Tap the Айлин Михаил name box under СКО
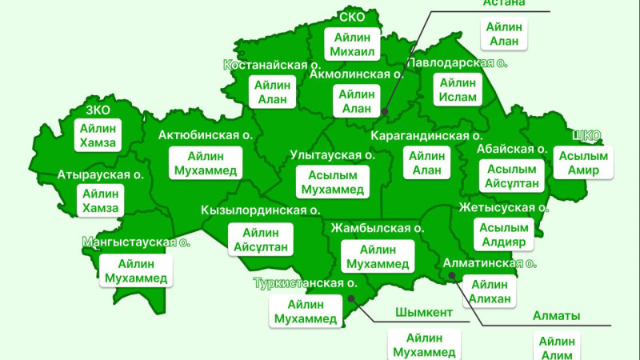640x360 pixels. point(353,42)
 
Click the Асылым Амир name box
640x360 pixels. point(582,162)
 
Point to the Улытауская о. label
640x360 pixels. point(332,155)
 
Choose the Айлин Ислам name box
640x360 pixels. point(458,90)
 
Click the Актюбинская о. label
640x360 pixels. point(206,134)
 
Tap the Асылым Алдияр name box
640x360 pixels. point(504,234)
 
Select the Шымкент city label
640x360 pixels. point(424,312)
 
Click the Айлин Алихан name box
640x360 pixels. point(490,291)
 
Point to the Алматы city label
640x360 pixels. point(556,315)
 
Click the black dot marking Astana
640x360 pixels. point(385,112)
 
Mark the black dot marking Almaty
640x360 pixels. point(452,276)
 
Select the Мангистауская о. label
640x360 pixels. point(136,242)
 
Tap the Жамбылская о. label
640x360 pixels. point(376,228)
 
